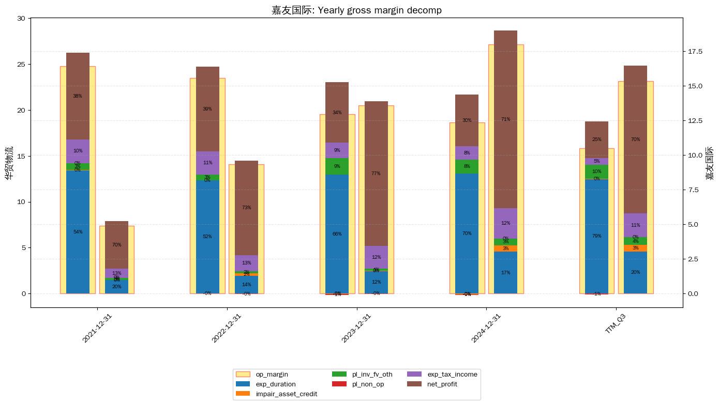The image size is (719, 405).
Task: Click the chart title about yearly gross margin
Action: pyautogui.click(x=356, y=10)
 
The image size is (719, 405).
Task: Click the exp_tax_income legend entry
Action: pyautogui.click(x=452, y=374)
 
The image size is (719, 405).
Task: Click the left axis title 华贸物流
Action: pyautogui.click(x=9, y=162)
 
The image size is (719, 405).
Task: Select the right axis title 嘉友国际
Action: pyautogui.click(x=710, y=162)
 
